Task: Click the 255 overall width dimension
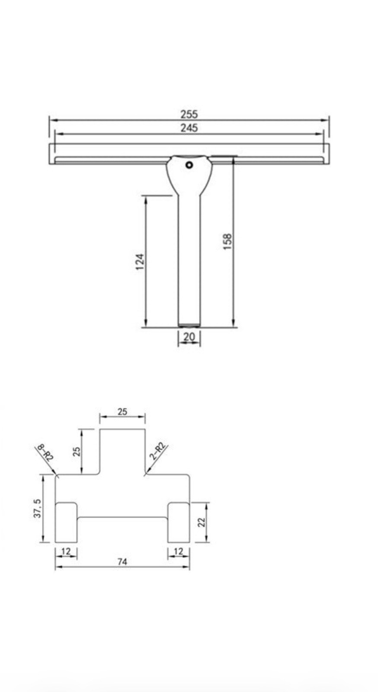click(x=189, y=114)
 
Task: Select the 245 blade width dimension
click(x=189, y=128)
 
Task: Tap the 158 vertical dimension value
click(x=227, y=242)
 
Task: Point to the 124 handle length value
click(x=140, y=262)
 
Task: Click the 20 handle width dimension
click(x=189, y=337)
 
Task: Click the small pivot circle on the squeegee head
click(x=189, y=165)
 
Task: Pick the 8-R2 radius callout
click(x=45, y=452)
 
